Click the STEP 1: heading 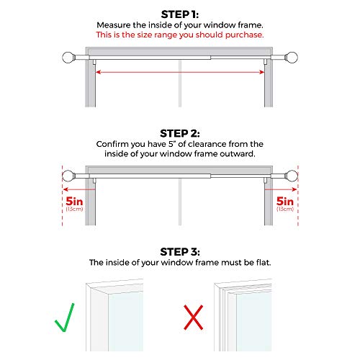tap(180, 13)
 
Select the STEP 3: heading tap(180, 251)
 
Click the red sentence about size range tap(180, 35)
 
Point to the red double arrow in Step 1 tap(180, 72)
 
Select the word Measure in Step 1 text tap(120, 25)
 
